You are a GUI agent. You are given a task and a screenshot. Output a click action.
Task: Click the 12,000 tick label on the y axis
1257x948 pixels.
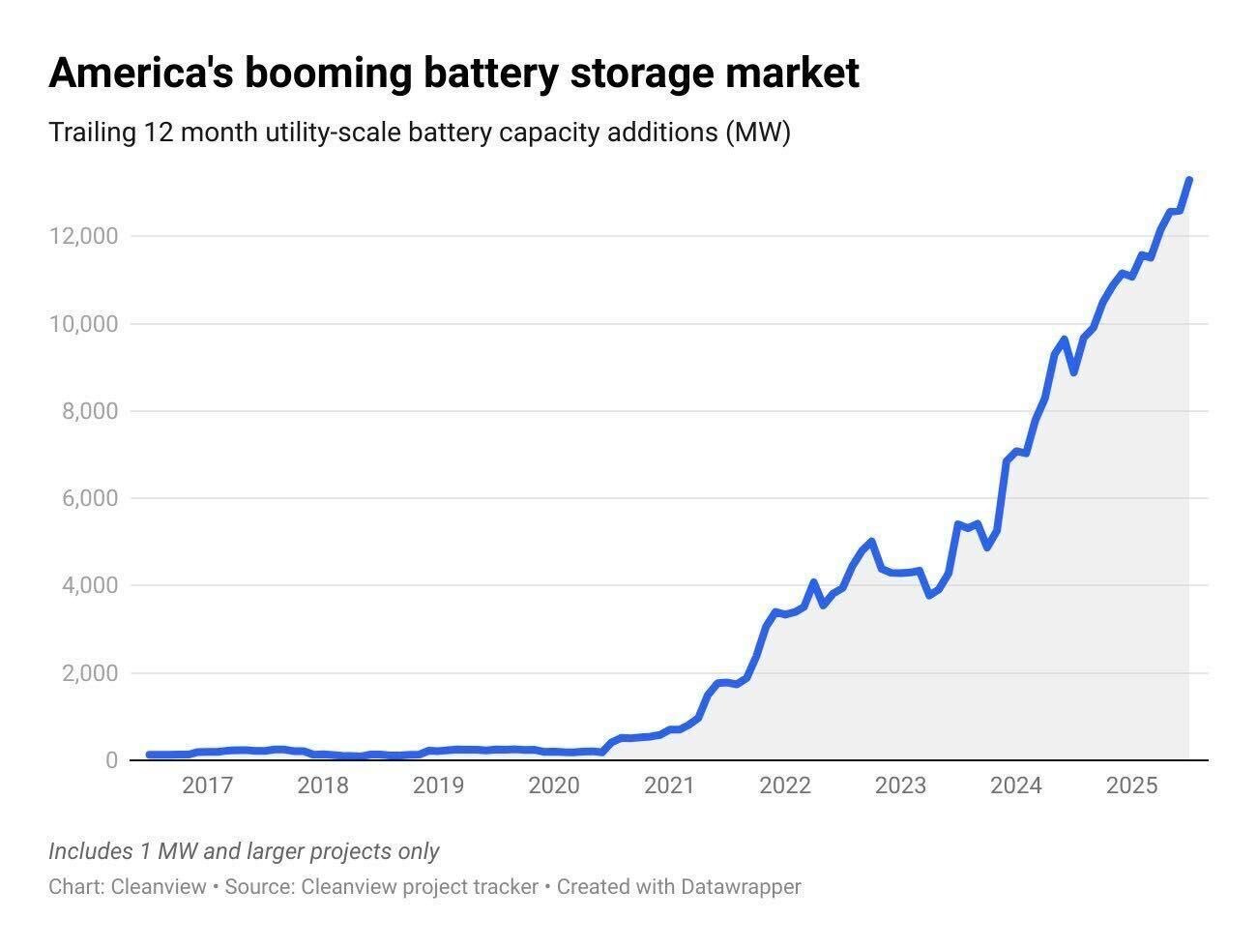coord(83,236)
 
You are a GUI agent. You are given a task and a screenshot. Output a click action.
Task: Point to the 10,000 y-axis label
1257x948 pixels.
coord(83,323)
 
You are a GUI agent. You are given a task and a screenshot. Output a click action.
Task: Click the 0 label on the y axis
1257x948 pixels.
coord(111,760)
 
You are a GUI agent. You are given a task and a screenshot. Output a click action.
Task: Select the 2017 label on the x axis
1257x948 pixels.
coord(207,785)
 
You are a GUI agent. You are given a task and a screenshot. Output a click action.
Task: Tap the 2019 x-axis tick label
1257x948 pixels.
coord(438,785)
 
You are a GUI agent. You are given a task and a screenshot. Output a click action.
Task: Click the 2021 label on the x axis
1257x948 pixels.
coord(669,785)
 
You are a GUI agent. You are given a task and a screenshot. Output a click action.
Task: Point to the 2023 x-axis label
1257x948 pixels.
coord(900,785)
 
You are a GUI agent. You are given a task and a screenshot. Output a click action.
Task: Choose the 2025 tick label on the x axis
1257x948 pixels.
coord(1131,785)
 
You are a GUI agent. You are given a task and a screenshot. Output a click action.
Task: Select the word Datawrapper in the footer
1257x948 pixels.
coord(741,886)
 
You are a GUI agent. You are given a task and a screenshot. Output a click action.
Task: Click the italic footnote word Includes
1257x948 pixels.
coord(90,851)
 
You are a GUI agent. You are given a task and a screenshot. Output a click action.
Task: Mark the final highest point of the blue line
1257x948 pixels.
coord(1188,180)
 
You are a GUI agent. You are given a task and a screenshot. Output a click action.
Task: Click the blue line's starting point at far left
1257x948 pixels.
coord(149,755)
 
